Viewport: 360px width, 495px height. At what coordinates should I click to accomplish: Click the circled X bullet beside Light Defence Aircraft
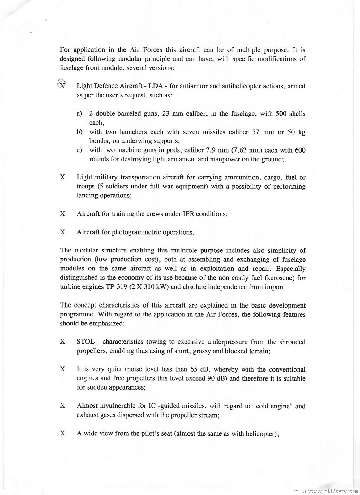click(x=62, y=84)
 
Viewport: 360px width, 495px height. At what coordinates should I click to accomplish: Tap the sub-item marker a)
click(x=79, y=114)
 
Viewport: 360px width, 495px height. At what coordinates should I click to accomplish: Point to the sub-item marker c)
click(x=79, y=150)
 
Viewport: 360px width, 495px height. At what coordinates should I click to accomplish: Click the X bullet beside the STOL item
click(x=62, y=342)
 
